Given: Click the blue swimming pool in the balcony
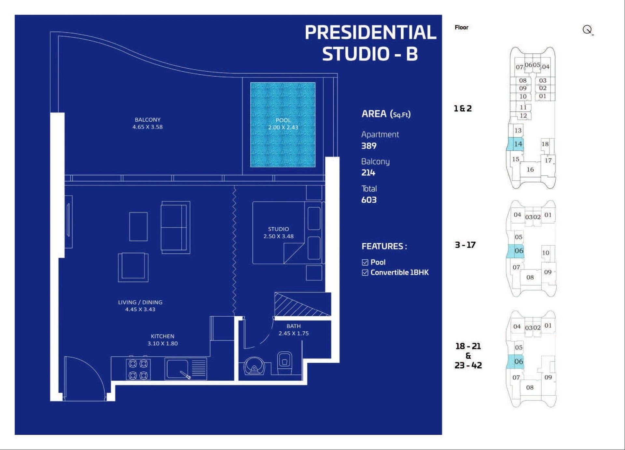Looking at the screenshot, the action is (283, 125).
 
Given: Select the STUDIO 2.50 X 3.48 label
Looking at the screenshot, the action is (278, 233).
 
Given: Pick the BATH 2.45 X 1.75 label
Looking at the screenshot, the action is (294, 330).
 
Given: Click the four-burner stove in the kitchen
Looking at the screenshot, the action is (138, 369).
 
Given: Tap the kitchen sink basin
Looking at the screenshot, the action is (177, 369).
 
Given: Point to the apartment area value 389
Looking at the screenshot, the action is (369, 146).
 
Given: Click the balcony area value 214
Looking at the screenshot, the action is (368, 173).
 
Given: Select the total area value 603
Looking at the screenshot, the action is (369, 200).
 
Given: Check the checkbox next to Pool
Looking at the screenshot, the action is (365, 262).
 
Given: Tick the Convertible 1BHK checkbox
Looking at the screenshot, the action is (365, 273).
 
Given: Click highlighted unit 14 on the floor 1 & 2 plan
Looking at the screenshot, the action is (516, 144).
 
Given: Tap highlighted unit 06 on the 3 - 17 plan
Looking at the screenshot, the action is (515, 251).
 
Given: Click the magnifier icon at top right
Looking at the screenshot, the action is (588, 30).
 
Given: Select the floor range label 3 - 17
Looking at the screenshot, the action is (465, 245).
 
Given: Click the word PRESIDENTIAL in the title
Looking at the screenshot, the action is (370, 32).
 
